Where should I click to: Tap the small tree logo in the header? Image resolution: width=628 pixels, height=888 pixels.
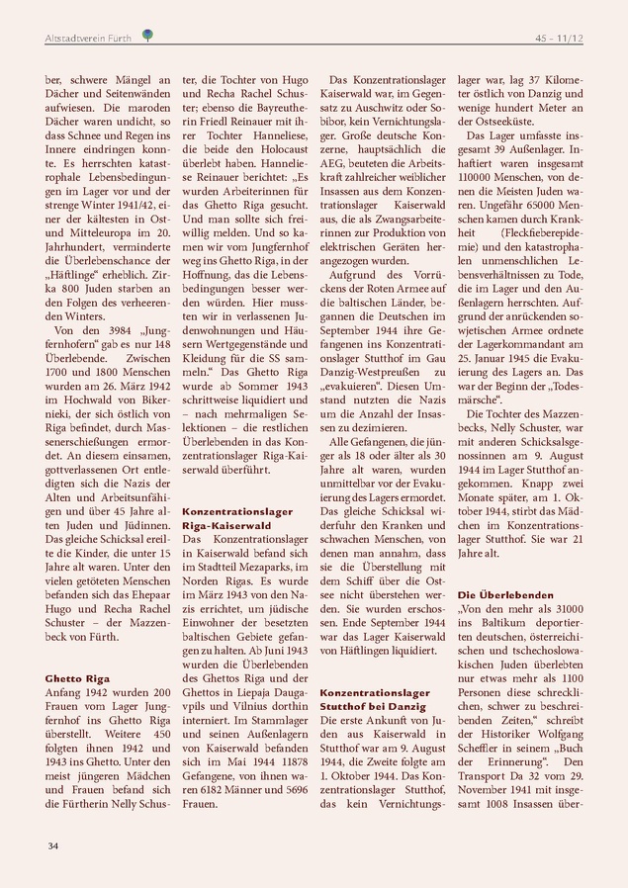tap(147, 37)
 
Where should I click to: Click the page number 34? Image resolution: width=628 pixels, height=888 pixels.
tap(52, 845)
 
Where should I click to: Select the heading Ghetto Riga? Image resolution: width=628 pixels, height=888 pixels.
tap(78, 679)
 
